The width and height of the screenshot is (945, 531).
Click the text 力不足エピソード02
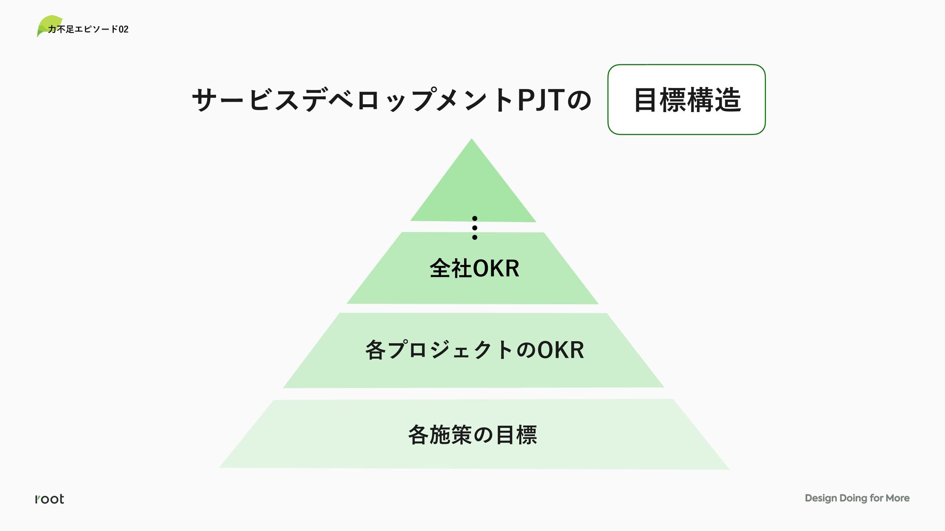point(88,29)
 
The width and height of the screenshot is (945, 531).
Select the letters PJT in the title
point(540,100)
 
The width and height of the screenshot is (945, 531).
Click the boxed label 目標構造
point(687,100)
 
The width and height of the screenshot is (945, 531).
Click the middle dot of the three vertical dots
point(474,228)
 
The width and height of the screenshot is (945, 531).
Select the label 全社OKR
point(474,268)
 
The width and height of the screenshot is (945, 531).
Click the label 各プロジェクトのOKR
point(474,350)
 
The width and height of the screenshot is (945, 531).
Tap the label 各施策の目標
point(472,435)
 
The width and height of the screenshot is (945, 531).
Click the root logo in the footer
point(50,499)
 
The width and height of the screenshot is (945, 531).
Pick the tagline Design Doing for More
point(857,498)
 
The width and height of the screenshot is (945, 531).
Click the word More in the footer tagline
point(897,498)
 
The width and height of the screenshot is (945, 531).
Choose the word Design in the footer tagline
point(820,498)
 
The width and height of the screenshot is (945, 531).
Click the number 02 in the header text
point(124,29)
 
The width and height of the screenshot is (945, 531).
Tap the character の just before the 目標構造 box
point(579,100)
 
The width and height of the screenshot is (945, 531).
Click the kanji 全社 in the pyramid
point(450,268)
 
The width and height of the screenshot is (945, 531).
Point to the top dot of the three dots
point(474,218)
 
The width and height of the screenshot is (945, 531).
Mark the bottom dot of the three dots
point(474,237)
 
